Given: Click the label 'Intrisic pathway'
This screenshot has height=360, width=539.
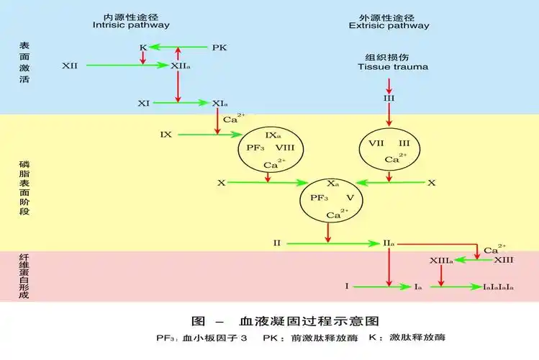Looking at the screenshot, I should pyautogui.click(x=131, y=24).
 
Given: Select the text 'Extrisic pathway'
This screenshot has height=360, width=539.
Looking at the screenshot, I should pyautogui.click(x=389, y=25).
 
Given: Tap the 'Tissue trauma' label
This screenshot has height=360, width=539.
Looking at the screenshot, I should pyautogui.click(x=392, y=67).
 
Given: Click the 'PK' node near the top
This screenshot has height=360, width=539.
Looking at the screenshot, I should pyautogui.click(x=219, y=48).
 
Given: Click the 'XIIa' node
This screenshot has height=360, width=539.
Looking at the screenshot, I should pyautogui.click(x=180, y=66).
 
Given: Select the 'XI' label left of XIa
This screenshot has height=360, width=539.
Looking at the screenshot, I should pyautogui.click(x=144, y=104).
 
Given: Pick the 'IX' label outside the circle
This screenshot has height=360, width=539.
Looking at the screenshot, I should pyautogui.click(x=166, y=135).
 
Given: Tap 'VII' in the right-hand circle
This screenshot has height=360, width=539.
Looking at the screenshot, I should pyautogui.click(x=376, y=143).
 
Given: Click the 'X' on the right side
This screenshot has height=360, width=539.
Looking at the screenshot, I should pyautogui.click(x=431, y=183).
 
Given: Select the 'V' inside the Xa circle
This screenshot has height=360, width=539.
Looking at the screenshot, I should pyautogui.click(x=350, y=197).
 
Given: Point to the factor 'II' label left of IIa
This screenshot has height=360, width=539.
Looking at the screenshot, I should pyautogui.click(x=276, y=243).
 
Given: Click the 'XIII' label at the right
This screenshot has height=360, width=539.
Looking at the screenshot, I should pyautogui.click(x=503, y=259).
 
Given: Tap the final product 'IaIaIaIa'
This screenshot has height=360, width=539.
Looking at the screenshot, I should pyautogui.click(x=497, y=287).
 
